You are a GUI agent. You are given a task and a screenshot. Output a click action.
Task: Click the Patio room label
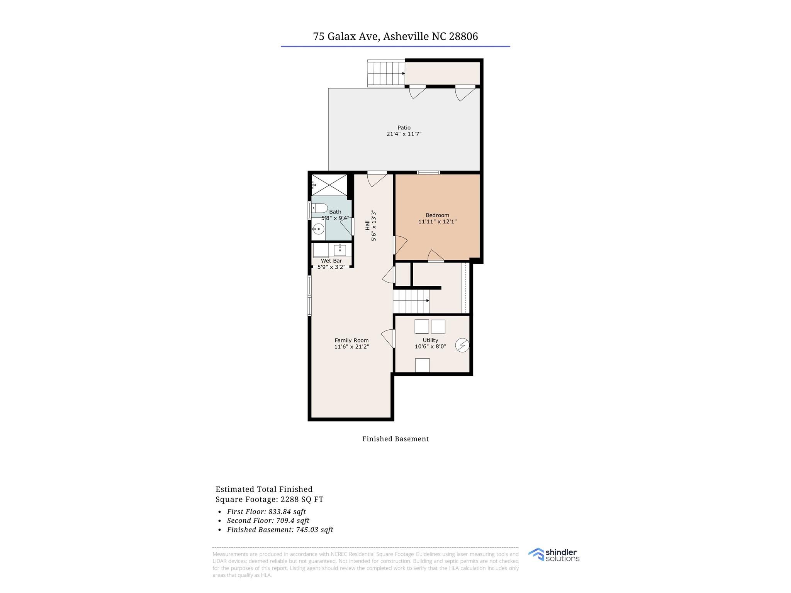[404, 128]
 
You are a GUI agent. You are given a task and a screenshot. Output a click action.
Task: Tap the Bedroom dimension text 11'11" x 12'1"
[437, 222]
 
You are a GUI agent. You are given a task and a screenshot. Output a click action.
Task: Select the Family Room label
[351, 341]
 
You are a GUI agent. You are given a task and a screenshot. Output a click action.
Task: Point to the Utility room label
[430, 340]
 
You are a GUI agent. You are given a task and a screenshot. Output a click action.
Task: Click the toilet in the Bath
[320, 208]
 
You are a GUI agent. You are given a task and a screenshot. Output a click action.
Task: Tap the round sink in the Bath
[318, 229]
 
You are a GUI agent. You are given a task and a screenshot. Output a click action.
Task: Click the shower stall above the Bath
[329, 185]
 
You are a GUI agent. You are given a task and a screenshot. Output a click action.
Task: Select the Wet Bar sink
[340, 250]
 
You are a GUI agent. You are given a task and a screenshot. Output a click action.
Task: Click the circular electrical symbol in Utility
[462, 345]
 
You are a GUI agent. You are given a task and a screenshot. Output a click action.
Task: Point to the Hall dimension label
[370, 225]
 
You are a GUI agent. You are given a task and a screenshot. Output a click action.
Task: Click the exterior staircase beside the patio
[386, 73]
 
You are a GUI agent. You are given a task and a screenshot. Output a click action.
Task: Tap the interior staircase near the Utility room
[411, 301]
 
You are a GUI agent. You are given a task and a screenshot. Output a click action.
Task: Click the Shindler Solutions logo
[554, 555]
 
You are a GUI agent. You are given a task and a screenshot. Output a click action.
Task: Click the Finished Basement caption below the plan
[395, 439]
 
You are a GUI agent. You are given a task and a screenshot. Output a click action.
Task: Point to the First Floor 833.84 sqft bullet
[266, 512]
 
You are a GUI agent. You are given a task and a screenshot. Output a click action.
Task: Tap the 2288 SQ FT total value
[302, 500]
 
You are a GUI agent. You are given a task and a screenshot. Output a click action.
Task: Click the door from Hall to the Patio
[377, 179]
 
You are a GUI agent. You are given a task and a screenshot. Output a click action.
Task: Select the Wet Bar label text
[331, 261]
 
